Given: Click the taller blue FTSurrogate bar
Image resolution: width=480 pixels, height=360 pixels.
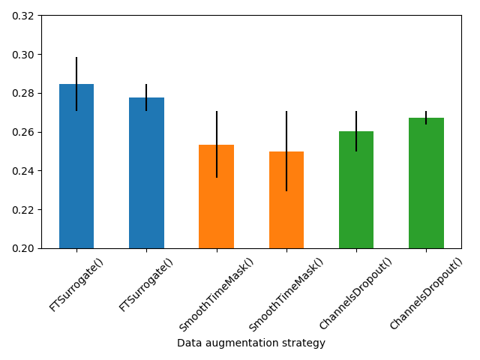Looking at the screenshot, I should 76,166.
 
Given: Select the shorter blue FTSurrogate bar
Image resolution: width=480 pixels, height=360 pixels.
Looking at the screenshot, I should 146,173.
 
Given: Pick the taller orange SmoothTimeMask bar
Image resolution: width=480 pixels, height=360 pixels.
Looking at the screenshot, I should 216,196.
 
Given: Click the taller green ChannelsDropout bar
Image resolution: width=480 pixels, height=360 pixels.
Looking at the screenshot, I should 426,183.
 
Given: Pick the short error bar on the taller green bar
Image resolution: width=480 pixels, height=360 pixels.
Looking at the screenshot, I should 426,118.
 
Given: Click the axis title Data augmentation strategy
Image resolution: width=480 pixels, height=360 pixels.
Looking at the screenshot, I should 251,343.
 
